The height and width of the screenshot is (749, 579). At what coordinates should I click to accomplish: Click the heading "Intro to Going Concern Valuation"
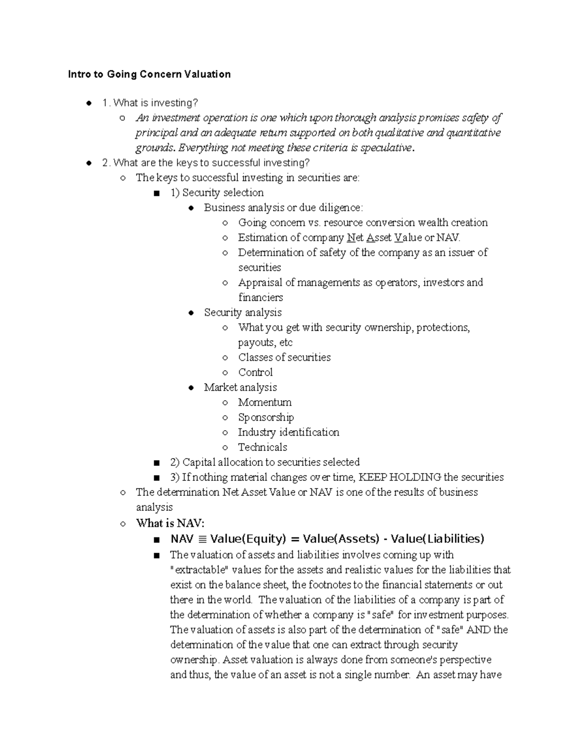point(149,74)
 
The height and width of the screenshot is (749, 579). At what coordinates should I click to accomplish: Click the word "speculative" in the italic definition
point(388,148)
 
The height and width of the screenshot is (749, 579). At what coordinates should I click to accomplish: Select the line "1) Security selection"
point(217,192)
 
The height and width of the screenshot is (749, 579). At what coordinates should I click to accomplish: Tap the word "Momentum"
point(264,402)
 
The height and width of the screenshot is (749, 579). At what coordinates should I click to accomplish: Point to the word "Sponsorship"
point(265,417)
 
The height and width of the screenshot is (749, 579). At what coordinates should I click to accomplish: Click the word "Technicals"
point(262,447)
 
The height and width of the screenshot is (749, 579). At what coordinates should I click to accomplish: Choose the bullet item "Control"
point(255,372)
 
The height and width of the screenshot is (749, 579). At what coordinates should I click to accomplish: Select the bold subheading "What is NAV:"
point(170,523)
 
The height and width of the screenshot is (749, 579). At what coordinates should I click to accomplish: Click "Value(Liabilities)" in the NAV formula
point(437,539)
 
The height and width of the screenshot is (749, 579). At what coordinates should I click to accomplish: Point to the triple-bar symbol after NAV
point(202,539)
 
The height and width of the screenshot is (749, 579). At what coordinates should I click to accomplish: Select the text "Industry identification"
point(289,432)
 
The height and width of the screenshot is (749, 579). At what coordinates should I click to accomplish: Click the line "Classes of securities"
point(284,357)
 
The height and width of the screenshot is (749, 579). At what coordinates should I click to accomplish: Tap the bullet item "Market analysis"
point(240,387)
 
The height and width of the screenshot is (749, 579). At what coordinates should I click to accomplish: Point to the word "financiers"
point(261,298)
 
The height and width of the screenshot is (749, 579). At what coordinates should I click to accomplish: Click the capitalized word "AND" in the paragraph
point(480,629)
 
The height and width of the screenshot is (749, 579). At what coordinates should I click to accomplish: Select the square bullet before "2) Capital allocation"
point(155,463)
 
